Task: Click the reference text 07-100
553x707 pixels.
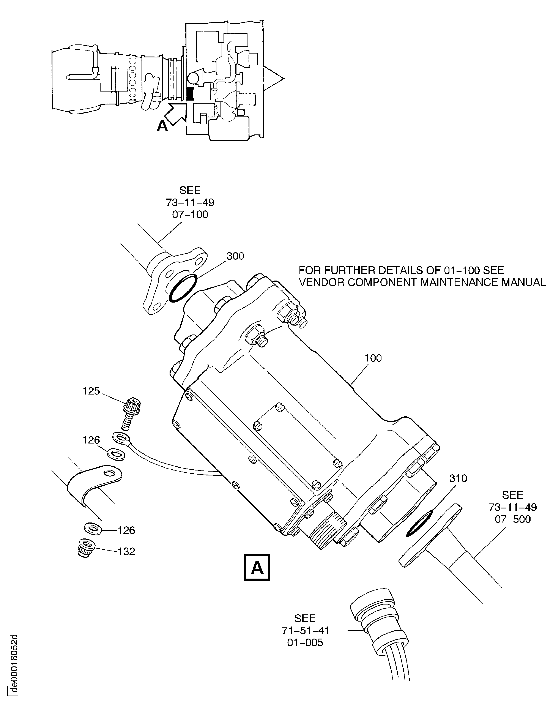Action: [x=190, y=215]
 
